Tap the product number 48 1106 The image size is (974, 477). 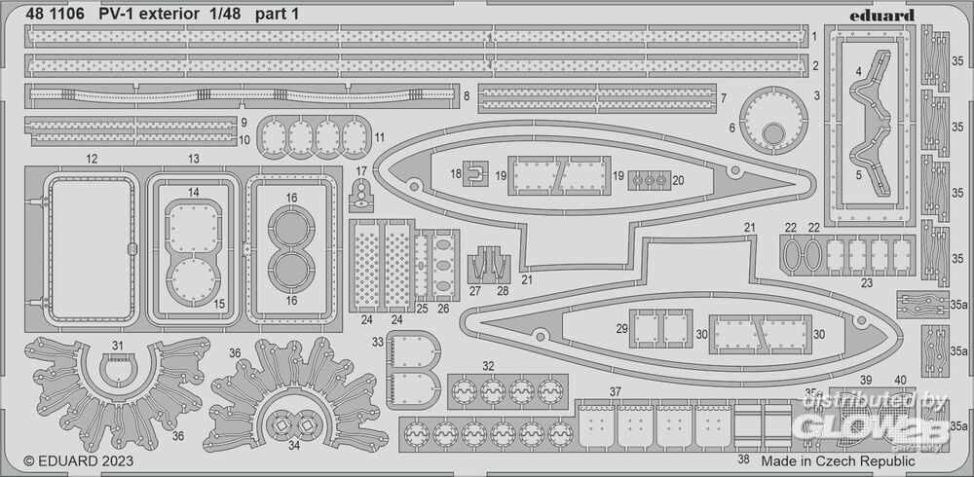pyautogui.click(x=52, y=15)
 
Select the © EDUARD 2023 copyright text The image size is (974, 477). pyautogui.click(x=79, y=460)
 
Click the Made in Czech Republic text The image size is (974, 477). pyautogui.click(x=838, y=460)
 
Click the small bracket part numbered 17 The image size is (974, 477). pyautogui.click(x=361, y=194)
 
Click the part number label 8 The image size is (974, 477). pyautogui.click(x=468, y=95)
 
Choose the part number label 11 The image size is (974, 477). pyautogui.click(x=379, y=136)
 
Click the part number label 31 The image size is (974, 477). pyautogui.click(x=118, y=346)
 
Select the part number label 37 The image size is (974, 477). pyautogui.click(x=615, y=391)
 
